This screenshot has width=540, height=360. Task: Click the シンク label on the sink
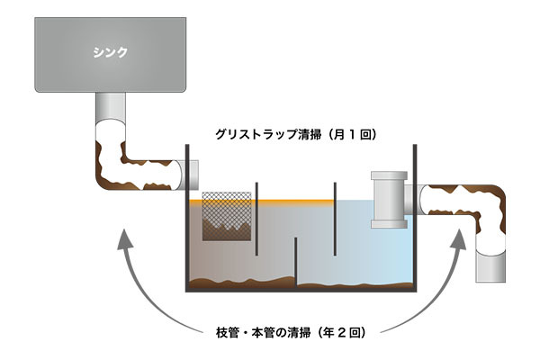click(x=110, y=51)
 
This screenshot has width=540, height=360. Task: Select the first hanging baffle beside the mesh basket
click(x=257, y=220)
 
